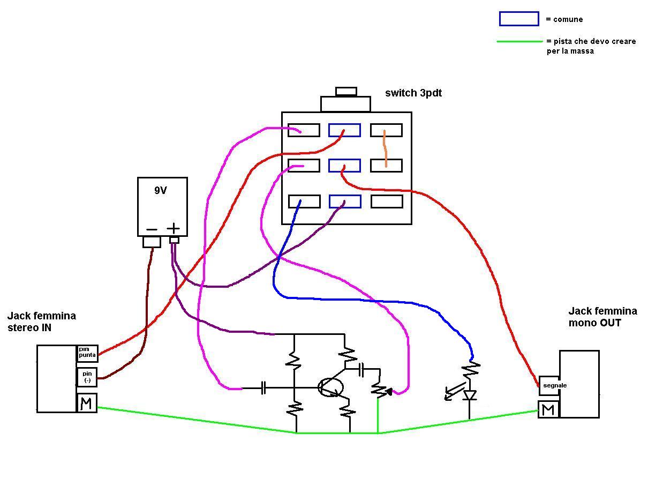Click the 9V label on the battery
pos(161,190)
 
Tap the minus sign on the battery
pos(152,230)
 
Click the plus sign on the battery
pos(174,228)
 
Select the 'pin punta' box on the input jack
pos(87,353)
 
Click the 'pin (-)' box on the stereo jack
pos(87,377)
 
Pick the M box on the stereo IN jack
pos(87,402)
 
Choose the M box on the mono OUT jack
pos(548,409)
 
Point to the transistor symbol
pos(330,387)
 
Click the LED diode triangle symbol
pos(469,395)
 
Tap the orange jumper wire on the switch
pos(385,148)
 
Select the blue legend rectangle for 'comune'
pos(519,19)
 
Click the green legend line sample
pos(519,41)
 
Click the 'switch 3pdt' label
pos(413,93)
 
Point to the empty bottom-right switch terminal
pos(387,201)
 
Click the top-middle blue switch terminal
pos(344,130)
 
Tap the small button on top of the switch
pos(346,92)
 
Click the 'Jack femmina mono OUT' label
pos(603,317)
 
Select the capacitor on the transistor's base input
pos(263,388)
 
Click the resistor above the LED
pos(471,370)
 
